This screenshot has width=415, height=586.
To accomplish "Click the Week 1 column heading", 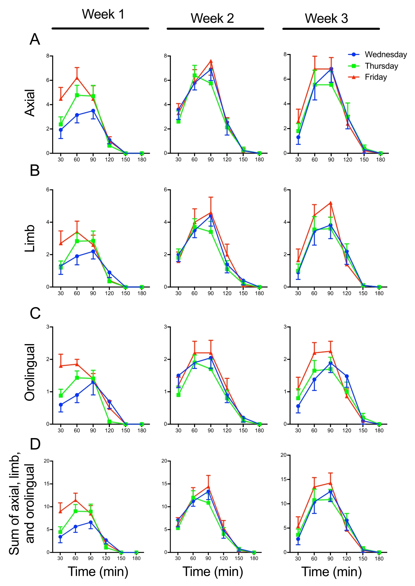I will click(103, 14).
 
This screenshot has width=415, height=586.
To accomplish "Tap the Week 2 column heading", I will click(212, 18).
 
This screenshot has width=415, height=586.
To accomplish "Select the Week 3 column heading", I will click(326, 18).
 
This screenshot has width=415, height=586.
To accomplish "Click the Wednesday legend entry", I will click(386, 55).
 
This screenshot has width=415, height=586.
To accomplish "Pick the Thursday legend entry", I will click(381, 66).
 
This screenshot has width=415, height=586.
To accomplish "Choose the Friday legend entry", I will click(376, 77).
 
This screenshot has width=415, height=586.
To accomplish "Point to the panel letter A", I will click(35, 39).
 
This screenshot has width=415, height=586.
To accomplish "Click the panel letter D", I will click(35, 444).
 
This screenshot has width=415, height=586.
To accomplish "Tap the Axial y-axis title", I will click(30, 103).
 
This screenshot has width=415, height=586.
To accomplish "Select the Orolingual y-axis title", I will click(30, 372).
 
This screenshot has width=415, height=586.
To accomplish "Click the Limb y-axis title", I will click(30, 238).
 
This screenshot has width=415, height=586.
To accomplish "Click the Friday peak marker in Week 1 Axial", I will click(77, 78).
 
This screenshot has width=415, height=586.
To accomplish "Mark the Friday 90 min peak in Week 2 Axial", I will click(211, 61).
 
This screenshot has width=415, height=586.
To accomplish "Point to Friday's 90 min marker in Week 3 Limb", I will click(331, 203).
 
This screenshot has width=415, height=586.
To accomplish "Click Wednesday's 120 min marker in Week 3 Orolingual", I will click(347, 376).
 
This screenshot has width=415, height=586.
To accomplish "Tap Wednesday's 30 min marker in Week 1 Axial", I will click(61, 130).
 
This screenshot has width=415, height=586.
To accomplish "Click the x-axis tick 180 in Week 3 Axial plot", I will click(381, 160).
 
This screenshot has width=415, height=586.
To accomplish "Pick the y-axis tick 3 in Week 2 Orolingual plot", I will click(165, 327).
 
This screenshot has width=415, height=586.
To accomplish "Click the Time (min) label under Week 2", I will click(213, 571).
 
